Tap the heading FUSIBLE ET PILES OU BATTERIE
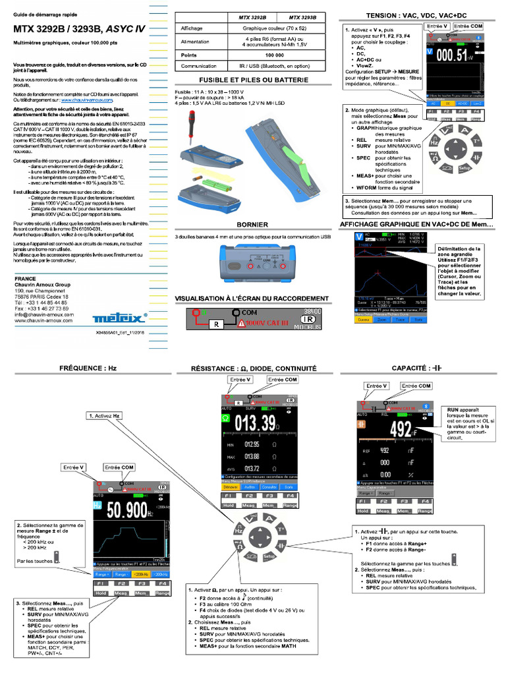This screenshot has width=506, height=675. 254,80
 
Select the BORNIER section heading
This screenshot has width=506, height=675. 253,224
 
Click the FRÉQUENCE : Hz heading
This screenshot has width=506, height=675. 88,368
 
